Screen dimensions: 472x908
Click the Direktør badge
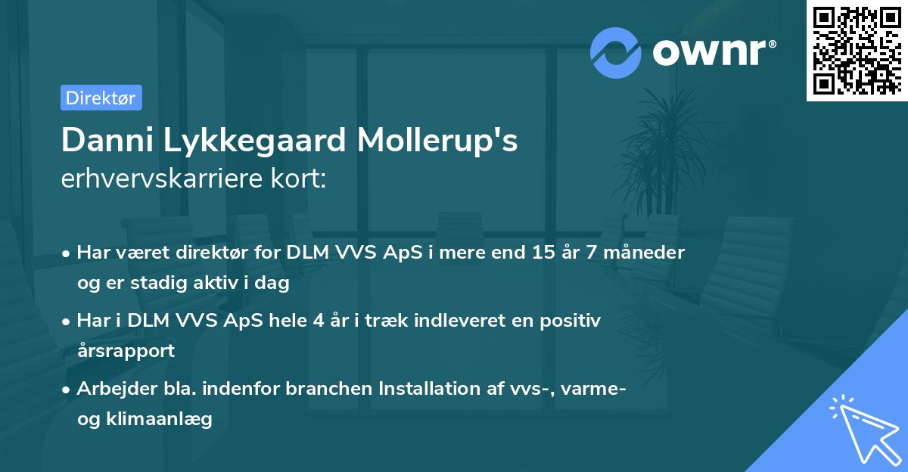pos(101,98)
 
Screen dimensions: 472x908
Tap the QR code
pos(857,50)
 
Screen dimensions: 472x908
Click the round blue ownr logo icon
pos(616,52)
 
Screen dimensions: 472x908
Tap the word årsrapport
pos(126,351)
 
